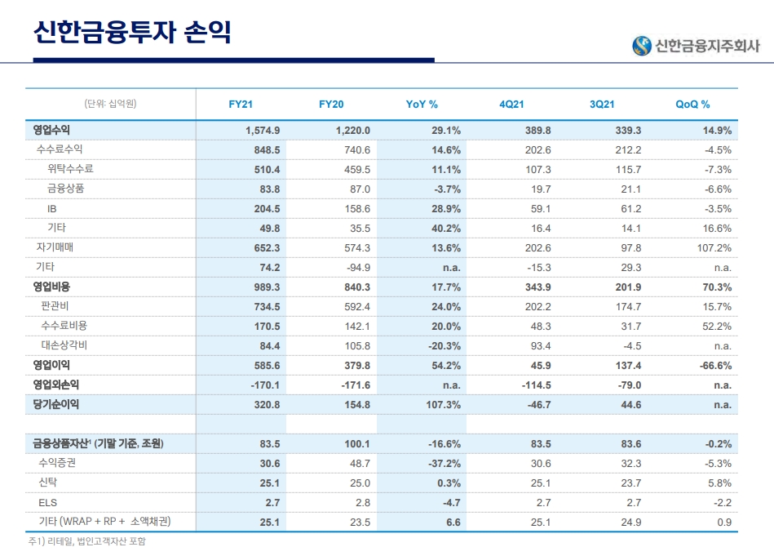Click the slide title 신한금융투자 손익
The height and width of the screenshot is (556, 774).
(x=132, y=32)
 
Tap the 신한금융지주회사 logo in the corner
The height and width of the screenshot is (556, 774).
(x=697, y=46)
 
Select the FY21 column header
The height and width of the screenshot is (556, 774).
(x=241, y=104)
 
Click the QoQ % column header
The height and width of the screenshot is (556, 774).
(x=692, y=104)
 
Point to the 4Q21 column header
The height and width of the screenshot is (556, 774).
(x=511, y=104)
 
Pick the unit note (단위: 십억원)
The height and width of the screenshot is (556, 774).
(x=110, y=104)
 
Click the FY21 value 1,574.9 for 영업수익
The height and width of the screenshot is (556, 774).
(x=263, y=130)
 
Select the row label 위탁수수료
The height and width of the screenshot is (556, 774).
(x=70, y=169)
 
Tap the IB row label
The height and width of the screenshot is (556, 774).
(x=52, y=208)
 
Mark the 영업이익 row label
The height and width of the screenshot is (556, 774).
(x=51, y=365)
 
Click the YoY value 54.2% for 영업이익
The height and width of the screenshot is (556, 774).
(x=445, y=365)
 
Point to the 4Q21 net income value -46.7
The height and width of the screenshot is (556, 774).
(x=536, y=404)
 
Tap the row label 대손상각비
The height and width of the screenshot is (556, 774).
(x=64, y=345)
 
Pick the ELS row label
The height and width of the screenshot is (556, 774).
(x=48, y=502)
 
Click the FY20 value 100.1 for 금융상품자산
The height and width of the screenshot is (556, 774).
(x=356, y=443)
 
